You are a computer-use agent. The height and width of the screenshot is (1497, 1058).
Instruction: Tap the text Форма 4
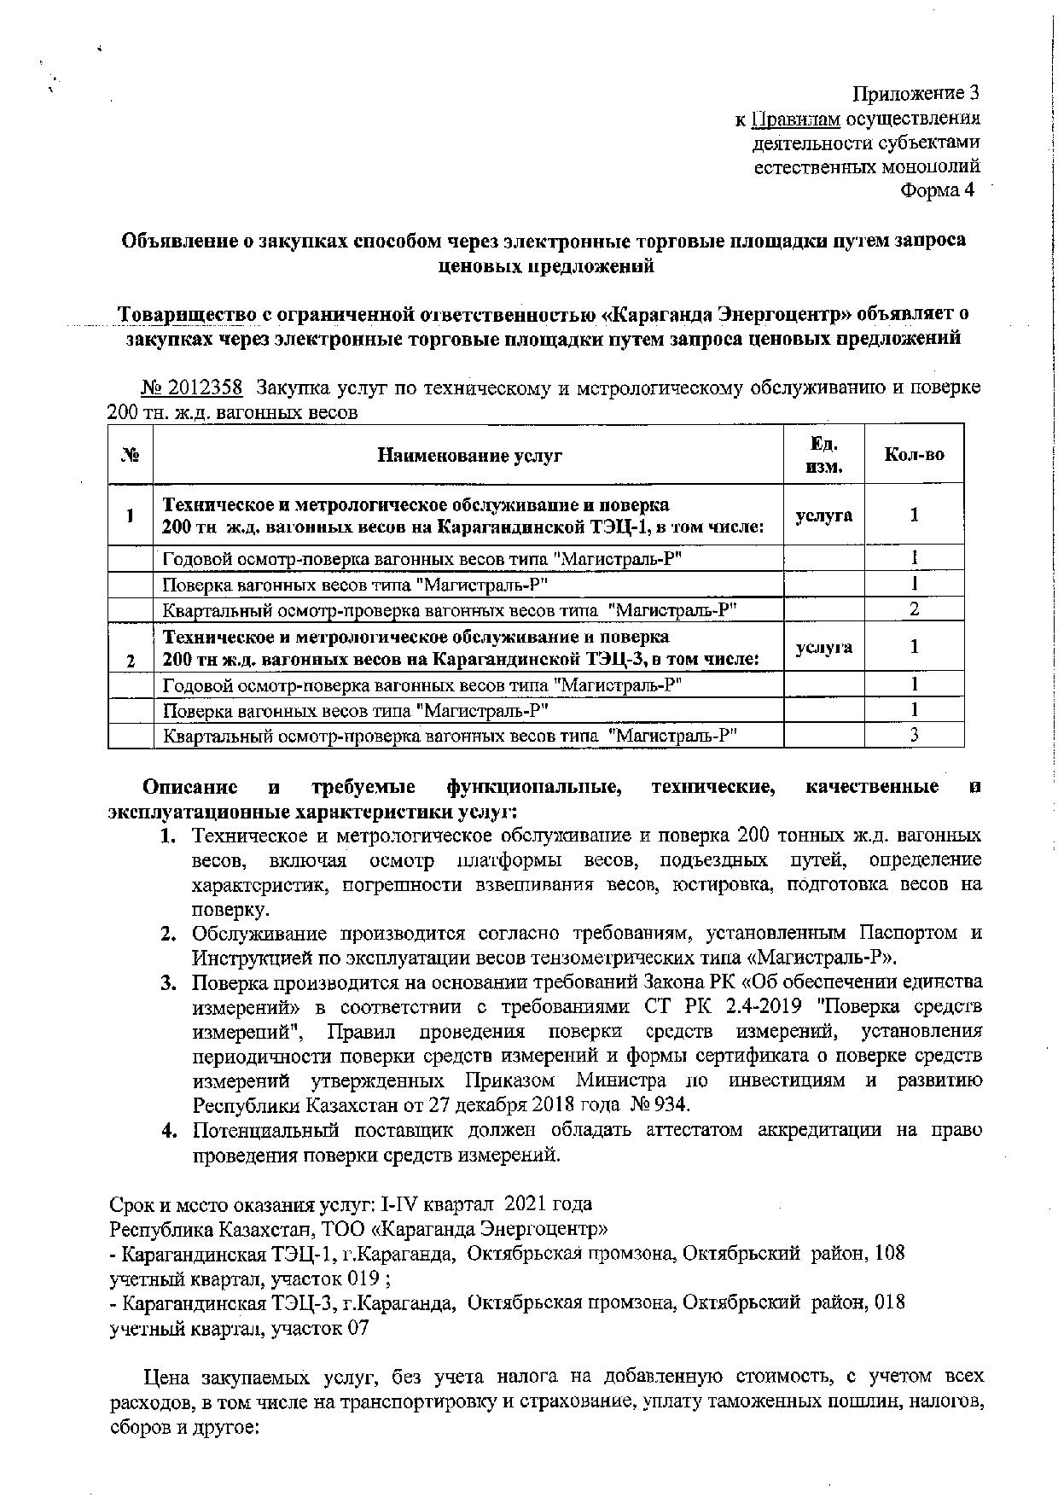[x=937, y=189]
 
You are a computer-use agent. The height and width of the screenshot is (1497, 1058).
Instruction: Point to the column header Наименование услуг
[x=469, y=455]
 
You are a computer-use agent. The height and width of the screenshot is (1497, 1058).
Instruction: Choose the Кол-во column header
[x=914, y=454]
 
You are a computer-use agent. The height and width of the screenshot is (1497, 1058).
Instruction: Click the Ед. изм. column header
[x=823, y=455]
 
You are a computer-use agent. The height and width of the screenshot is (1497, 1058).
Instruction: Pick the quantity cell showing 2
[x=914, y=609]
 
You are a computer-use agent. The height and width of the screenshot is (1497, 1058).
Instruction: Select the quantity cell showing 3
[x=914, y=735]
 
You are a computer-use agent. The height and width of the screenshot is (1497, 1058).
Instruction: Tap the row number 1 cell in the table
[x=130, y=516]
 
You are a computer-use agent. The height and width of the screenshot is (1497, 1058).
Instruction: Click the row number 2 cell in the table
[x=130, y=661]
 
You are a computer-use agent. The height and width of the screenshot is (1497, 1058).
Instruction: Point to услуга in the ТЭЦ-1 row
[x=823, y=516]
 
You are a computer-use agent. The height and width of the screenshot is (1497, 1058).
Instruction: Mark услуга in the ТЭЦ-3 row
[x=823, y=648]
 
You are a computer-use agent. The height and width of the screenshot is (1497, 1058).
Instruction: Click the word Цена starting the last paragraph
[x=167, y=1377]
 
